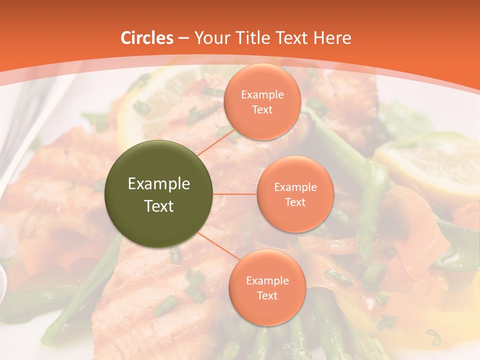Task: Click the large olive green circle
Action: pos(158,194)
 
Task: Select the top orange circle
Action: pos(262,101)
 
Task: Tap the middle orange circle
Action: pos(295,194)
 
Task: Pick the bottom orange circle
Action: pos(267,287)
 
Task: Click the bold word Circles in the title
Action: pos(146,37)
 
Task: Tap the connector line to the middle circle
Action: pos(235,194)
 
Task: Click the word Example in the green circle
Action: pos(159,184)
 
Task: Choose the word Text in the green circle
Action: pos(159,205)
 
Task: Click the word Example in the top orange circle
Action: pos(262,94)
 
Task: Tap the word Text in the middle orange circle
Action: pos(295,202)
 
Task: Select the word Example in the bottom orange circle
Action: pos(267,280)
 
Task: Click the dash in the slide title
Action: pos(183,38)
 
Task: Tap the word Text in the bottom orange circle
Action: pos(267,295)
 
